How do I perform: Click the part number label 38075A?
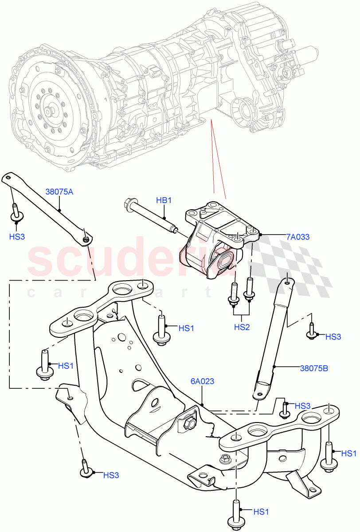click(x=59, y=192)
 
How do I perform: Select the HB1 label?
click(x=164, y=200)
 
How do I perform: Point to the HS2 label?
click(x=242, y=327)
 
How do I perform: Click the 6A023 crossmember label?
click(x=202, y=381)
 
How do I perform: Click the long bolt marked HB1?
click(x=151, y=214)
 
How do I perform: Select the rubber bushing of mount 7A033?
click(x=226, y=260)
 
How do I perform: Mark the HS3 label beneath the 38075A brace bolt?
click(x=16, y=237)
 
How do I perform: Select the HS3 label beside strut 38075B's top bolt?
click(x=333, y=336)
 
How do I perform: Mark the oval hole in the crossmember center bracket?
click(x=155, y=403)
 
